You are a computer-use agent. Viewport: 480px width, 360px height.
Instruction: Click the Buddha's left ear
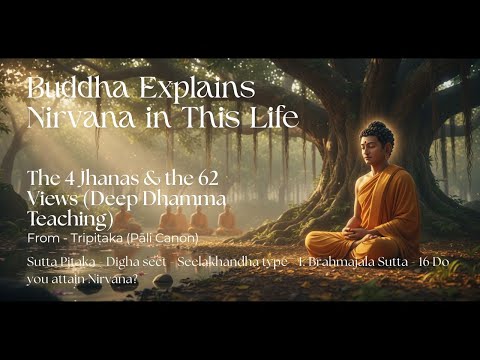click(x=392, y=152)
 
